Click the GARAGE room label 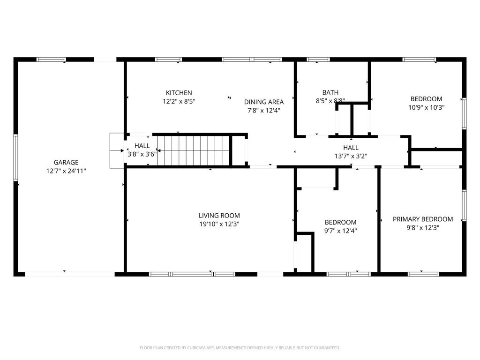tap(66, 163)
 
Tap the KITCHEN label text tap(179, 93)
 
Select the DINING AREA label tap(263, 102)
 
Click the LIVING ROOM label tap(219, 216)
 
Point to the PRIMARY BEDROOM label tap(423, 219)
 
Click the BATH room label tap(330, 92)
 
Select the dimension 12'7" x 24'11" tap(66, 171)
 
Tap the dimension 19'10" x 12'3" tap(219, 224)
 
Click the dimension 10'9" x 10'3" tap(426, 107)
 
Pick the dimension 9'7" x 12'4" tap(340, 231)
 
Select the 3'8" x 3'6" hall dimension tap(142, 154)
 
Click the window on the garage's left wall tap(15, 157)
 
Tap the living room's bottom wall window tap(192, 274)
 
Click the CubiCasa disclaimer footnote tap(240, 348)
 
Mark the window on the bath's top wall tap(318, 60)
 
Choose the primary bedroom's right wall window tap(464, 205)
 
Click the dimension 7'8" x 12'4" tap(263, 110)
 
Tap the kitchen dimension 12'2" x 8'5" tap(179, 101)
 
